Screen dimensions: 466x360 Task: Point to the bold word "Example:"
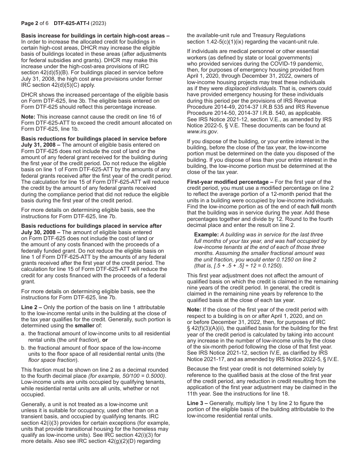point(207,235)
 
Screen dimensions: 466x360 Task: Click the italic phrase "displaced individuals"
point(250,88)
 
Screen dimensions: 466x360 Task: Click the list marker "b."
point(24,348)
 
